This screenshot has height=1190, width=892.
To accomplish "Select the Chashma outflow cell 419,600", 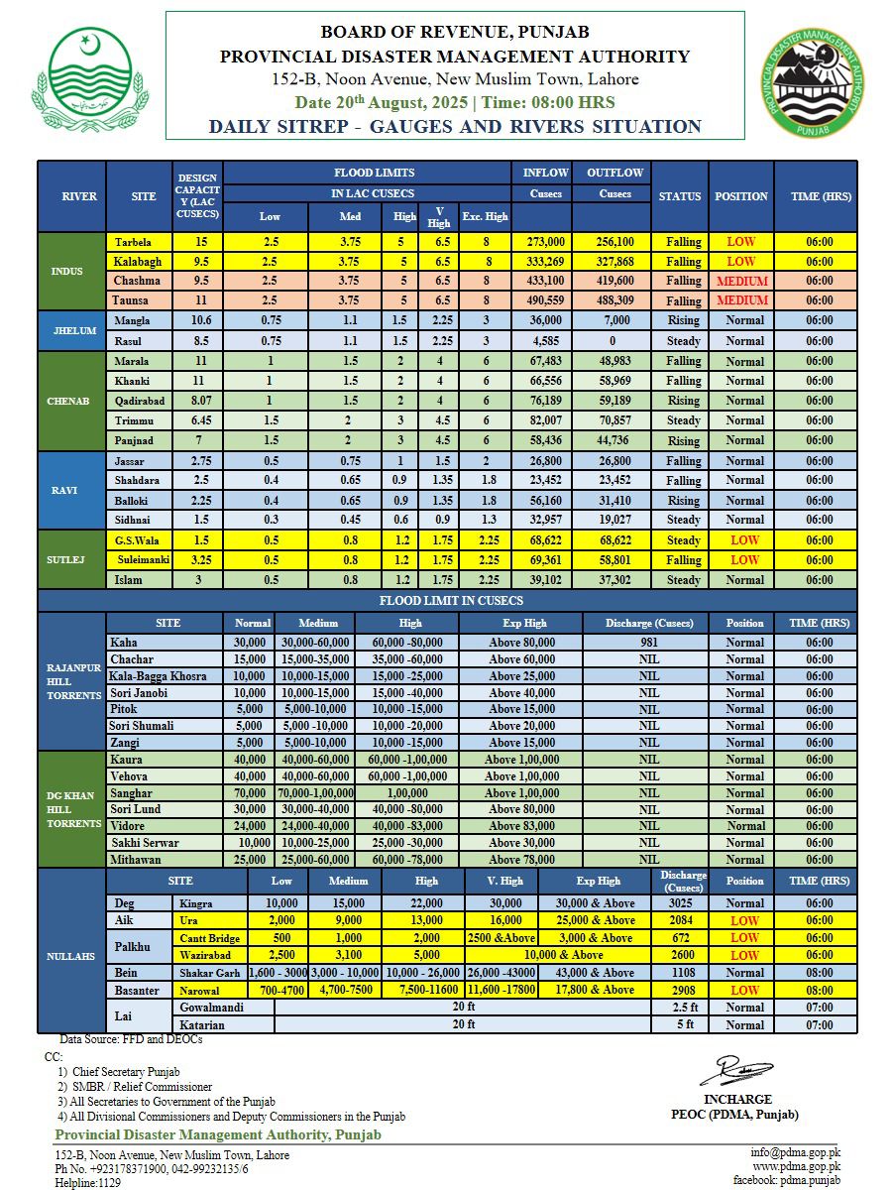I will click(x=615, y=281).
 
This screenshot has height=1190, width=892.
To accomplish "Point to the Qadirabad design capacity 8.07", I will click(x=197, y=401).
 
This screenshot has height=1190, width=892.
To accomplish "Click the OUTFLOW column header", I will click(x=615, y=173).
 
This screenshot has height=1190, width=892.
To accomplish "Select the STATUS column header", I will click(x=680, y=196).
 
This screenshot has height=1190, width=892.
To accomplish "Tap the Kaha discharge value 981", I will click(x=648, y=643).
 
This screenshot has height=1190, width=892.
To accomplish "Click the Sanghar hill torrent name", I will click(x=131, y=793).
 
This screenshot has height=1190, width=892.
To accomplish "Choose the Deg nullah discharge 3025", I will click(x=680, y=903).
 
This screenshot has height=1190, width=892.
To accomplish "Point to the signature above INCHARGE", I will click(x=735, y=1071).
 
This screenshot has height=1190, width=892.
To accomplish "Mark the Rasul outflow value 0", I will click(x=615, y=340).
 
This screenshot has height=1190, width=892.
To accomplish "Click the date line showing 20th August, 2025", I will click(x=454, y=102).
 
